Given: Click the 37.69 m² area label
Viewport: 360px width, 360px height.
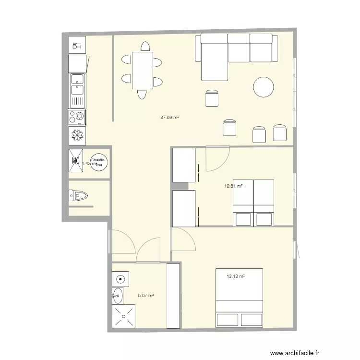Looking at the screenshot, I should [x=169, y=117].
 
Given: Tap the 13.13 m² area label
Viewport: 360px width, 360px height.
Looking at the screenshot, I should [x=236, y=276].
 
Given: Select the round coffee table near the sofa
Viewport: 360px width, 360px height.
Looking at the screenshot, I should [x=264, y=88].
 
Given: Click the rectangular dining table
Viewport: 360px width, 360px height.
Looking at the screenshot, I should [x=143, y=71].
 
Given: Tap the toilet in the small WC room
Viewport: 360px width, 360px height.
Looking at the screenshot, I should [x=79, y=195].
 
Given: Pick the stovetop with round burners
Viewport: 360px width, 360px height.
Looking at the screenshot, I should [x=77, y=117].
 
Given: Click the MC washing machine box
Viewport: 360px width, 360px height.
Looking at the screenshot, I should [x=76, y=161].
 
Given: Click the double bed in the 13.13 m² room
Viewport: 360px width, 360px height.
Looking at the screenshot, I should [x=239, y=298].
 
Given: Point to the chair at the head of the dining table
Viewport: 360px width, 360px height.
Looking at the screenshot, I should [x=144, y=47].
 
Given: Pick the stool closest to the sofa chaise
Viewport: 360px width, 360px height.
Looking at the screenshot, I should [x=212, y=97].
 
